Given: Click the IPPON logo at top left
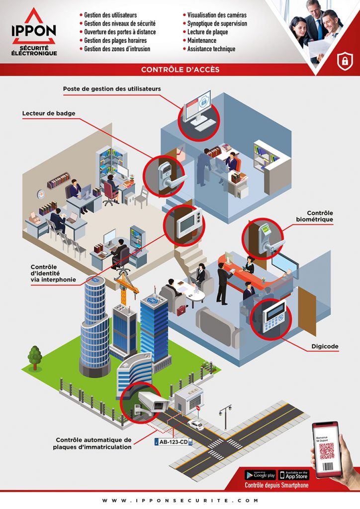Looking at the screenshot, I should pos(34,32).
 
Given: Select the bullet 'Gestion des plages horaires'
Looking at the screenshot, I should pos(115,40).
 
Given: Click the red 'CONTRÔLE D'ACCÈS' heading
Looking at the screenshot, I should pos(180,70).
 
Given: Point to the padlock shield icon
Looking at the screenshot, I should pos(343,60).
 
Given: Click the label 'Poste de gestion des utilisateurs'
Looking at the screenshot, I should pos(112,89).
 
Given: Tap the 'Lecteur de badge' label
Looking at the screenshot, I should pos(49,113).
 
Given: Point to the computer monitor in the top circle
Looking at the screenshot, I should pos(198,108).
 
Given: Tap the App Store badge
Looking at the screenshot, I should pos(294,475).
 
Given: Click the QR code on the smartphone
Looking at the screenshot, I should pos(327,450).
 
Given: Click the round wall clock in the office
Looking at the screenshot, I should pos(41,194).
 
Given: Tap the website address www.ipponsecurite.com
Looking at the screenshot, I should pos(180,501).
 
